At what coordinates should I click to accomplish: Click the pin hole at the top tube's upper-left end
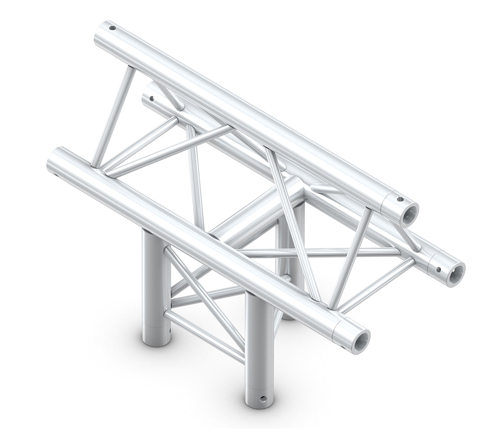(113, 29)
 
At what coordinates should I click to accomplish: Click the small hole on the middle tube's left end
(152, 100)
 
